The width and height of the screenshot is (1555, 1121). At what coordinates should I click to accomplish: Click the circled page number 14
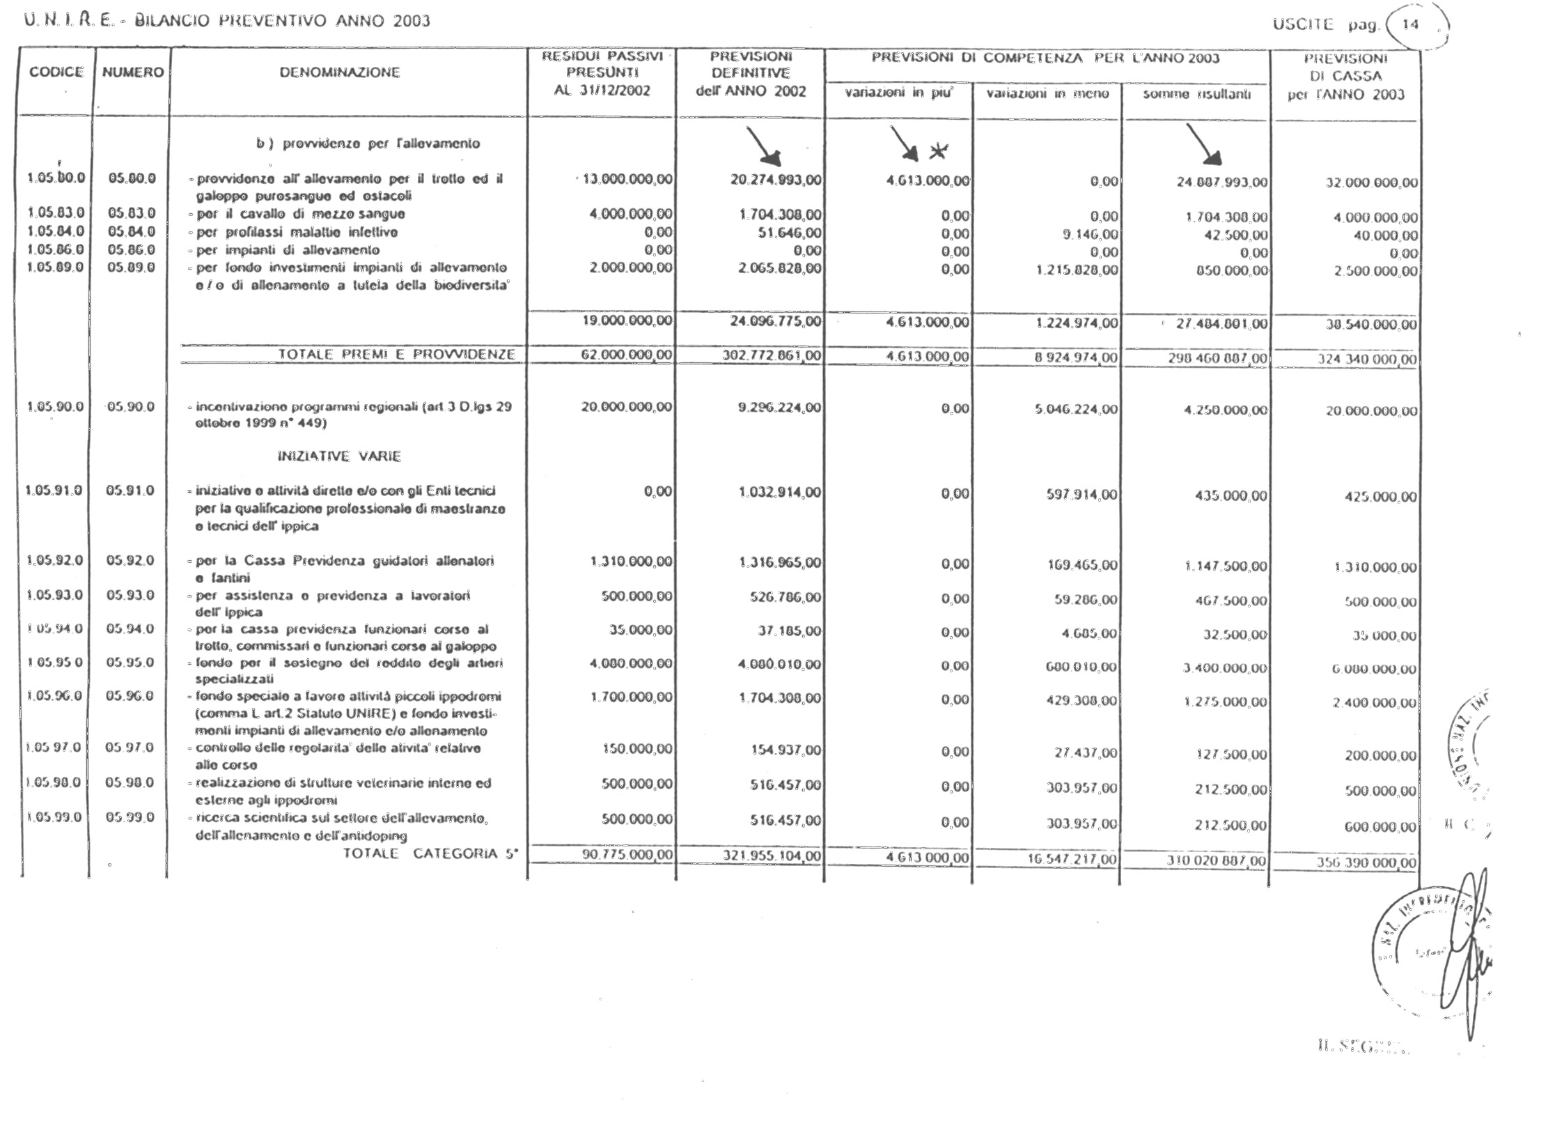click(1410, 25)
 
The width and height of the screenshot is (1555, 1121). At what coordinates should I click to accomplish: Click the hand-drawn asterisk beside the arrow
click(939, 150)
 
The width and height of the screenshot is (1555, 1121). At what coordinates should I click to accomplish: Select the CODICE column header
click(56, 72)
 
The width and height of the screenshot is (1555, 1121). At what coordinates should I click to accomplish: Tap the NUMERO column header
click(133, 72)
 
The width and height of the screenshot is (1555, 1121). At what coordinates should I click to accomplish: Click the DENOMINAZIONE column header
click(340, 72)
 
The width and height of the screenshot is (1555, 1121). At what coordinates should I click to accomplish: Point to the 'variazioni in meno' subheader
click(1047, 94)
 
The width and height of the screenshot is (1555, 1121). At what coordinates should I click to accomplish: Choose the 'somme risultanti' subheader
click(1196, 94)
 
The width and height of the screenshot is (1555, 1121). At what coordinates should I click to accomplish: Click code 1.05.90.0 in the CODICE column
click(55, 407)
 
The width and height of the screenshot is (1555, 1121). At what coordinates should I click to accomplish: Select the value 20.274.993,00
click(775, 180)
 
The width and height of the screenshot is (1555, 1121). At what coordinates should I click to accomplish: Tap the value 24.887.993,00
click(1221, 183)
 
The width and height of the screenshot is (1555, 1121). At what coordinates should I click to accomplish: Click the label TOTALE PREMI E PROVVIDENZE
click(397, 355)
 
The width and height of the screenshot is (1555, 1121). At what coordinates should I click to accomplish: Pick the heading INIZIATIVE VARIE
click(339, 456)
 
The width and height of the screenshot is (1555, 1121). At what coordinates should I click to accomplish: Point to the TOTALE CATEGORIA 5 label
click(430, 854)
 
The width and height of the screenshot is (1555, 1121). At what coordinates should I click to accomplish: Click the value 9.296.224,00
click(779, 408)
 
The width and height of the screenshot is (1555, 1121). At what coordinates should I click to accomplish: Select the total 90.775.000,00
click(627, 854)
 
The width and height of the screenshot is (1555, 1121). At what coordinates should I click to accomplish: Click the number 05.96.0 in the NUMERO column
click(130, 696)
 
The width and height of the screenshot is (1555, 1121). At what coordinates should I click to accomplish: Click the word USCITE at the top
click(1302, 25)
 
